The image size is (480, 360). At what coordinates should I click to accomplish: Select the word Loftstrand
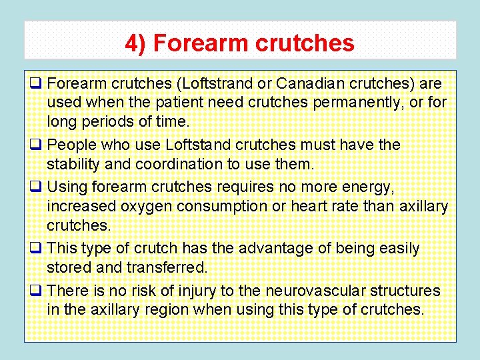(x=219, y=84)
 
